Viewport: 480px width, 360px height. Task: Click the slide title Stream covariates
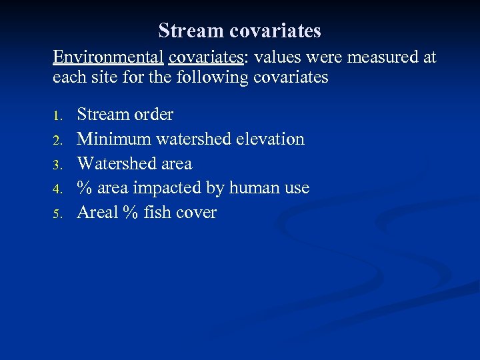[240, 31]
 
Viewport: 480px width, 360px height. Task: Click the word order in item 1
[153, 115]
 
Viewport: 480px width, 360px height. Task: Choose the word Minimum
[114, 139]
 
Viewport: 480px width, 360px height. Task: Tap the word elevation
[273, 139]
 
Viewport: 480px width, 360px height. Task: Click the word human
[254, 189]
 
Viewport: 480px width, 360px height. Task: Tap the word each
[68, 77]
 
